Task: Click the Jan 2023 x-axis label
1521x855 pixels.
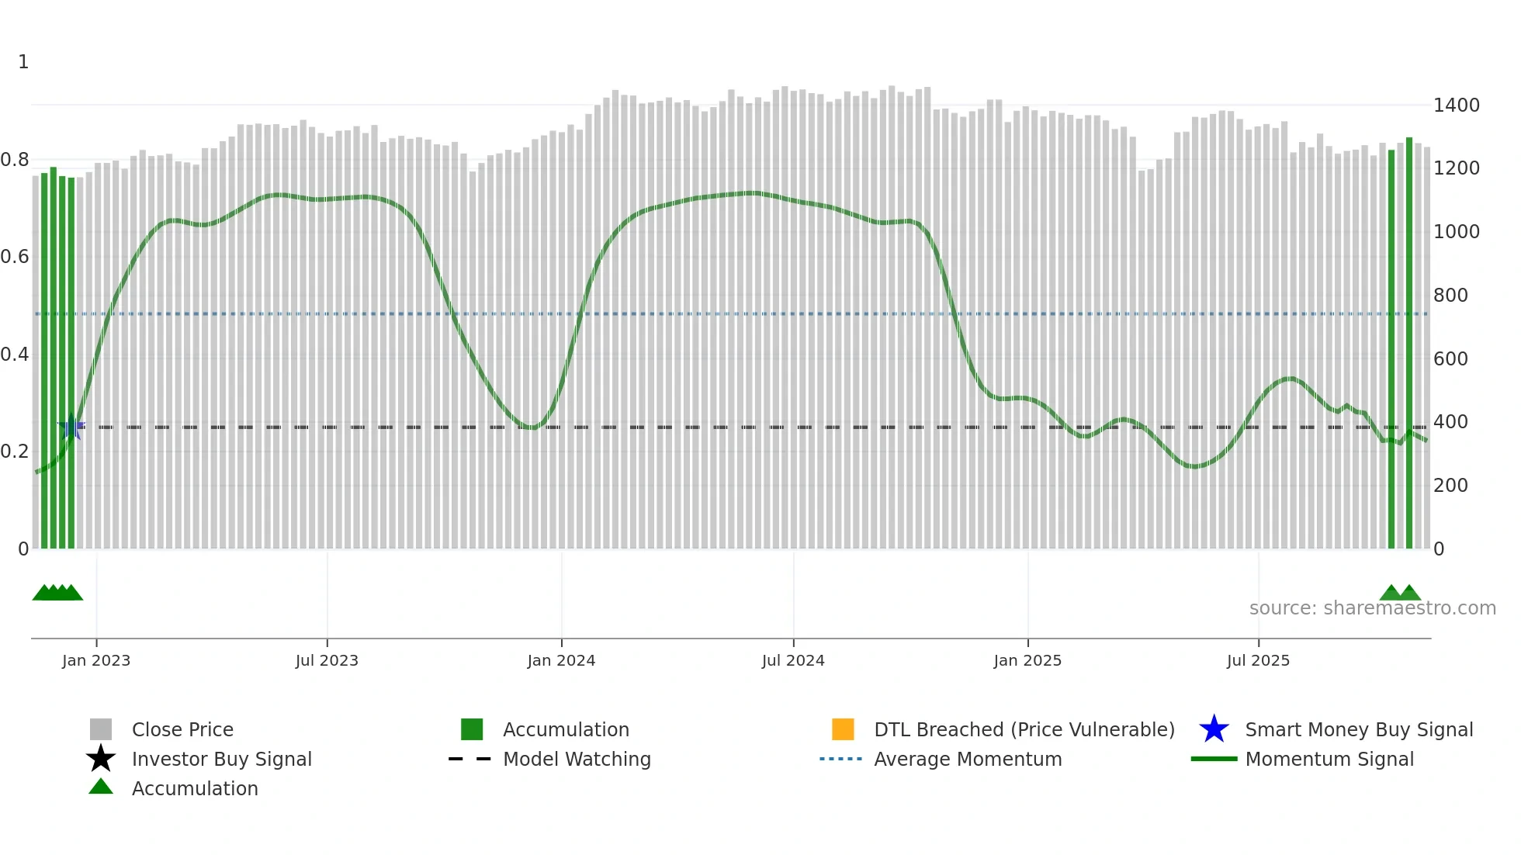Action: [x=96, y=660]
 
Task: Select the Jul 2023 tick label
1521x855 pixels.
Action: [x=327, y=660]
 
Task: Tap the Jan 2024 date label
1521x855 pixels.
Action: [x=561, y=660]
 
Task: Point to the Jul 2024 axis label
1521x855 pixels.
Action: [x=793, y=660]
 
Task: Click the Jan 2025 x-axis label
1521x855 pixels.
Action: [x=1027, y=660]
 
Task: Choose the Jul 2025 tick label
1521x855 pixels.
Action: [x=1258, y=660]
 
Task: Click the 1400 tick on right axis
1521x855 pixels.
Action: [x=1457, y=106]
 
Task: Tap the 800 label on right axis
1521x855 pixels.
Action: [x=1450, y=296]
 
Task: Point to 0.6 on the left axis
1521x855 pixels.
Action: [x=15, y=257]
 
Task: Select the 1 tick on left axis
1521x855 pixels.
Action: [x=23, y=62]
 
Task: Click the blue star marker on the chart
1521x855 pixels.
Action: [x=71, y=427]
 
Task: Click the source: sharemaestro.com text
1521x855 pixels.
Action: [x=1372, y=608]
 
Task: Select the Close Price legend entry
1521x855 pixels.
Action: [x=182, y=729]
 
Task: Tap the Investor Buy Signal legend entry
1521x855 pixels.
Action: [x=221, y=759]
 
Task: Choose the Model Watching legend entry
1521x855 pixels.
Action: [x=577, y=759]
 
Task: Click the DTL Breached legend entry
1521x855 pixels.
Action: [x=1024, y=729]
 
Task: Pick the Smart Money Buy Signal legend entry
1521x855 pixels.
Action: [x=1359, y=729]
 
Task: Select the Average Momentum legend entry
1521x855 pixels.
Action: [x=968, y=759]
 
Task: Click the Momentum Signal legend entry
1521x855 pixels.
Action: [x=1329, y=759]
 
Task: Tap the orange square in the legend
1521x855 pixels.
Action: [x=843, y=729]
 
